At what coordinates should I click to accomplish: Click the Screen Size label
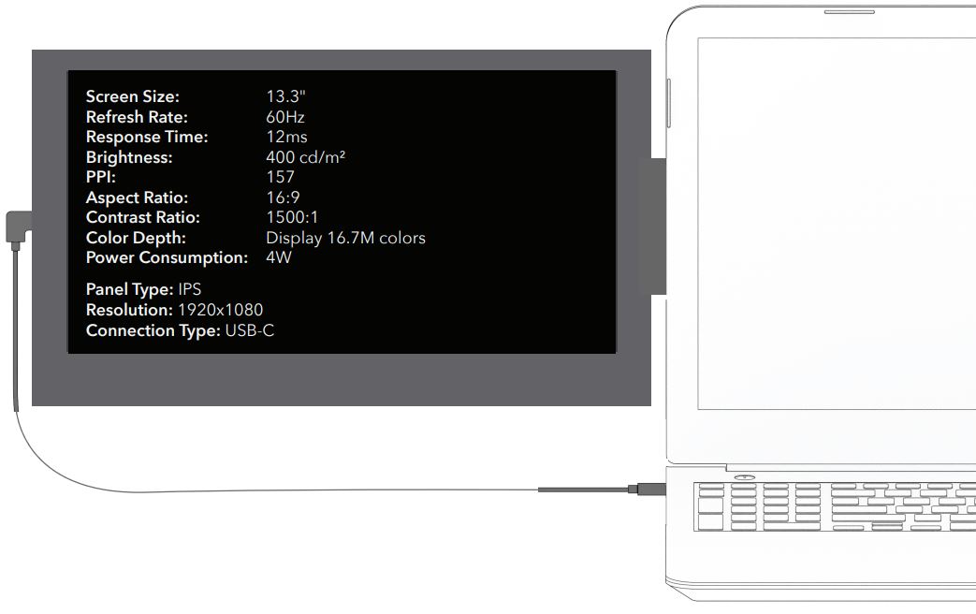click(132, 96)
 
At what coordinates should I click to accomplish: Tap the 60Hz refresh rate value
click(285, 117)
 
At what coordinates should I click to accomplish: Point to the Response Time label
click(147, 137)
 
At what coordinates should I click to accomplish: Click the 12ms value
click(286, 137)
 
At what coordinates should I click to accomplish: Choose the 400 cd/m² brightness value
click(306, 157)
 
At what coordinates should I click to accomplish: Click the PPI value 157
click(281, 177)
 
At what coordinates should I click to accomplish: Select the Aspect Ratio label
click(137, 197)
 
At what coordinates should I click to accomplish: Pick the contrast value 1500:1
click(292, 217)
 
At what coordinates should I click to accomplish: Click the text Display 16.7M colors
click(345, 238)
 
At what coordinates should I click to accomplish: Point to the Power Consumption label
click(167, 257)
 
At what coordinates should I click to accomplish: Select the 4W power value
click(279, 257)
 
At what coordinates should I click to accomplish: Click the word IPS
click(190, 289)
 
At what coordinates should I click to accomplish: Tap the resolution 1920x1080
click(221, 310)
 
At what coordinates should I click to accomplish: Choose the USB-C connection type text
click(250, 330)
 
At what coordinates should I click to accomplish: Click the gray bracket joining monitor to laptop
click(652, 226)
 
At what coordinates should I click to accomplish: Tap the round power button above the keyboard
click(745, 478)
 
